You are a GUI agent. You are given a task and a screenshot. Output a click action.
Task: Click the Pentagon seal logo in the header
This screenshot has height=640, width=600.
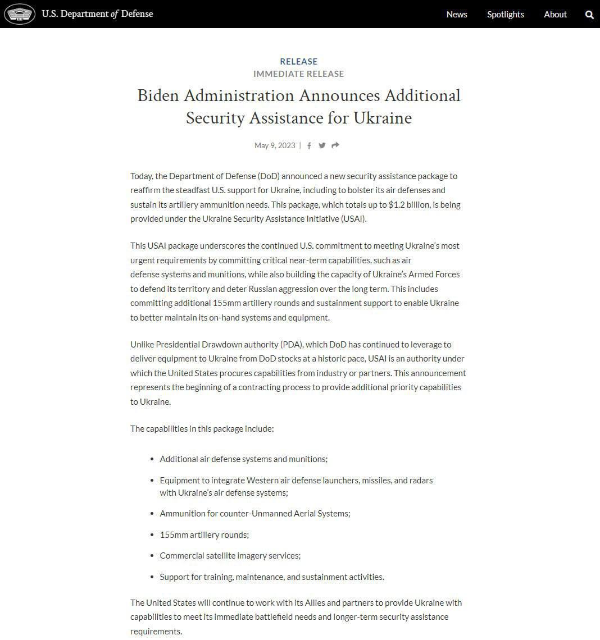click(20, 14)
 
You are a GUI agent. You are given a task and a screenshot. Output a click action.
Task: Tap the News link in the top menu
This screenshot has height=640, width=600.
click(457, 15)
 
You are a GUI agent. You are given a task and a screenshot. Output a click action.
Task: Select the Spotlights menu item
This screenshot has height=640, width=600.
click(506, 15)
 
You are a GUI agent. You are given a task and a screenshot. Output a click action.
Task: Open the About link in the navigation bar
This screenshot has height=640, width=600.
click(555, 15)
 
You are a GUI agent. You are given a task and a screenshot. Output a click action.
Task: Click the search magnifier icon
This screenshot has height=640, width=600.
click(589, 15)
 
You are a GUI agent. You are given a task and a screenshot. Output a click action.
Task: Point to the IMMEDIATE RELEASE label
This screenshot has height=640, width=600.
click(298, 74)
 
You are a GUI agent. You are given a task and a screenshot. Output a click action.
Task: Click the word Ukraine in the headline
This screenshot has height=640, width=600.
click(383, 118)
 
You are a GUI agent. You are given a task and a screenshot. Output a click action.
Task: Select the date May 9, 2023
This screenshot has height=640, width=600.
click(274, 145)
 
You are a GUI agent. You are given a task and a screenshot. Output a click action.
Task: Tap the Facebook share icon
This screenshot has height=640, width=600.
click(309, 146)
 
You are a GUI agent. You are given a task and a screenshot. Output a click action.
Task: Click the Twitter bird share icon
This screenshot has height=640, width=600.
click(322, 145)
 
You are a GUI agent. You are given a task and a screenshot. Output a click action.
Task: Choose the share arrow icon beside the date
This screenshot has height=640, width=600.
click(335, 145)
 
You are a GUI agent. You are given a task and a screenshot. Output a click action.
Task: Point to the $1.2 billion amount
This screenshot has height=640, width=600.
click(410, 205)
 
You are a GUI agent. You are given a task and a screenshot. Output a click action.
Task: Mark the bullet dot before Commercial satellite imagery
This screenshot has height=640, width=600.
click(152, 556)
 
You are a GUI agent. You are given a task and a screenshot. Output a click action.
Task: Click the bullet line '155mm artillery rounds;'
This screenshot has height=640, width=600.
click(204, 534)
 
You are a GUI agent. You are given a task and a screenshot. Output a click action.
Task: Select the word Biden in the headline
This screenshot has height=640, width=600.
click(158, 95)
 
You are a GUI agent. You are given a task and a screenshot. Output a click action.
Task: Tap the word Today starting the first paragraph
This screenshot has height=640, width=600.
click(141, 176)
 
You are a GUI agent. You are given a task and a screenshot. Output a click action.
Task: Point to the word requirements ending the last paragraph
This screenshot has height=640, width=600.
click(156, 631)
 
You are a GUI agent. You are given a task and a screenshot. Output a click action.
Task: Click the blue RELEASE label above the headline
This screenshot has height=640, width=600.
click(298, 61)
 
